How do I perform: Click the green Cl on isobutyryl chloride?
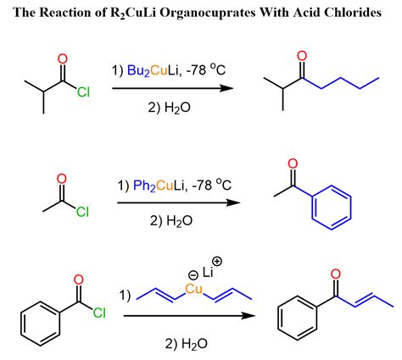point(83,92)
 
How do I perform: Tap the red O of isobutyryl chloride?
point(63,59)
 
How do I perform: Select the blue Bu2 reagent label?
point(138,70)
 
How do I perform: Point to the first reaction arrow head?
point(227,88)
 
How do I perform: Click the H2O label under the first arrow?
point(170,108)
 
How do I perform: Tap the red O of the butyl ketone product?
point(302,56)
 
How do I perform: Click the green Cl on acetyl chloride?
point(82,212)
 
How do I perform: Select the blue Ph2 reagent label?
point(144,186)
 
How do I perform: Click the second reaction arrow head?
point(233,202)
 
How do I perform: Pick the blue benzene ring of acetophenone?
point(332,208)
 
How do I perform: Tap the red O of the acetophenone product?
point(293,163)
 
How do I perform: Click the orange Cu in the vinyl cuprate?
point(194,289)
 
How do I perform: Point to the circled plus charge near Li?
point(217,262)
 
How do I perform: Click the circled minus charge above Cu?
point(193,274)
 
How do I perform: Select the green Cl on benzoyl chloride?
point(99,313)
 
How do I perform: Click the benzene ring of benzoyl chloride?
point(41,324)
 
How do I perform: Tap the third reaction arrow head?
point(248,316)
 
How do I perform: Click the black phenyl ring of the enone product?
point(298,318)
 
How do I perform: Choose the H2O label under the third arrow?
point(187,344)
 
